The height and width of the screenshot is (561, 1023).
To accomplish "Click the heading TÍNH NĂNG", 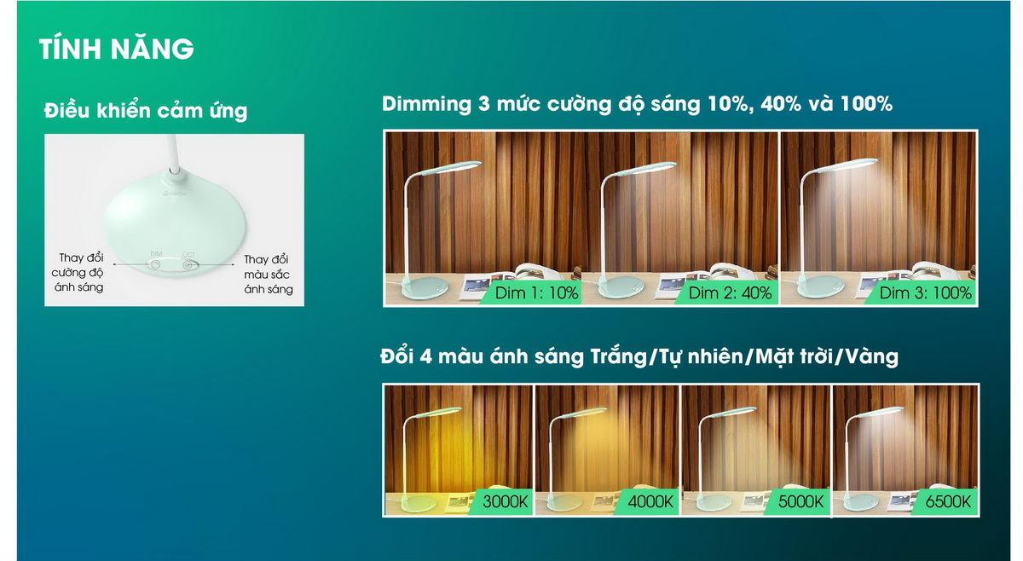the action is [117, 49].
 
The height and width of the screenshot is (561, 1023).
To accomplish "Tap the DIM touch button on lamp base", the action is [156, 264].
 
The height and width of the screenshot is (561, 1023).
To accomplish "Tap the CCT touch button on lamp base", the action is [188, 265].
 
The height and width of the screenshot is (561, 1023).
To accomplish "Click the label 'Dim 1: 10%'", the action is [536, 292].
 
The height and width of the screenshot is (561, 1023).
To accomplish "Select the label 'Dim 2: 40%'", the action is [730, 292].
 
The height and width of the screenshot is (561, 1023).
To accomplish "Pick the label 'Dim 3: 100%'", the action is [925, 292].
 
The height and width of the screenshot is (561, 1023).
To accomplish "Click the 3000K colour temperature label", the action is [505, 501].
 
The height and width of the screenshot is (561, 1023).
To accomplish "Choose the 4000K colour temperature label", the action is [650, 501].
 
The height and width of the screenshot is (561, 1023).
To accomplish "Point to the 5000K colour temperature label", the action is [800, 501].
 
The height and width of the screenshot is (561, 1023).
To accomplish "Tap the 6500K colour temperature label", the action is [948, 501].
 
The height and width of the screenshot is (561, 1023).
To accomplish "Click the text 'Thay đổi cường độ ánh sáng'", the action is [78, 273].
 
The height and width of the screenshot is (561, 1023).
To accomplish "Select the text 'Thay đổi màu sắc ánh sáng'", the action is [268, 275].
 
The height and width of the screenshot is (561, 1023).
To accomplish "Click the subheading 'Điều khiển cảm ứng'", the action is [146, 111].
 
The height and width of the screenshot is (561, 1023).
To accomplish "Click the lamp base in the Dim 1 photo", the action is [424, 288].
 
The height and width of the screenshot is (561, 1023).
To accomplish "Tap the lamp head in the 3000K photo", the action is [438, 412].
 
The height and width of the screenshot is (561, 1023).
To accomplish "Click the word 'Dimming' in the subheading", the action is [426, 104].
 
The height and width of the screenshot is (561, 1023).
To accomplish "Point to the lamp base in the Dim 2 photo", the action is [621, 287].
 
